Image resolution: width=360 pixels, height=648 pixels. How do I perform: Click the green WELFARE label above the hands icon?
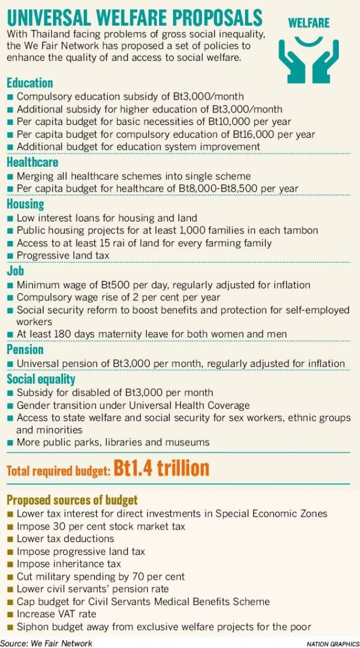(308, 24)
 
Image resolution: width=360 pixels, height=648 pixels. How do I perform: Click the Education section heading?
(29, 82)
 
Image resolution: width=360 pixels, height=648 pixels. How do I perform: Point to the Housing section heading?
(25, 204)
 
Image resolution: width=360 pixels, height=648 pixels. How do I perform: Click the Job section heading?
(15, 271)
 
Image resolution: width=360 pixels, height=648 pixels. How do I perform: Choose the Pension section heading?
(25, 349)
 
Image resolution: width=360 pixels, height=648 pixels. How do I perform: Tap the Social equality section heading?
(41, 378)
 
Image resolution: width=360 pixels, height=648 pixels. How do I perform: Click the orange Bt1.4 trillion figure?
(161, 468)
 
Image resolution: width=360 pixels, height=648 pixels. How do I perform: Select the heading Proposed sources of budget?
(72, 500)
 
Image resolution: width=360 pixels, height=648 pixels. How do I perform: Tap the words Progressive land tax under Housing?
(63, 255)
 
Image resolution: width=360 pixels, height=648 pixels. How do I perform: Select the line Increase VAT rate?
(56, 614)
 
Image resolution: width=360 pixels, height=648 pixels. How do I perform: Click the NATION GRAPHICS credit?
(332, 644)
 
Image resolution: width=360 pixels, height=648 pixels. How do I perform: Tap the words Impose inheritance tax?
(68, 564)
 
